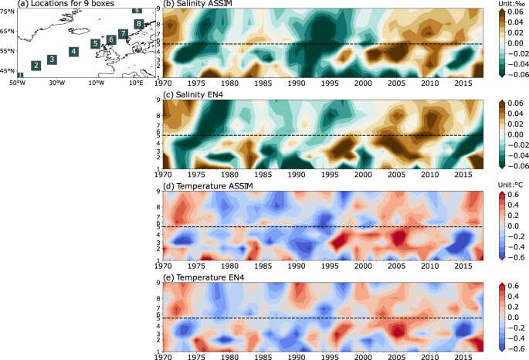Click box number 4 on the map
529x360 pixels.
click(73, 52)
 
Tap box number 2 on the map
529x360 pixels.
click(36, 66)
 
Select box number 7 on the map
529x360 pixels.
click(123, 34)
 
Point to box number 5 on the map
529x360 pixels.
click(94, 44)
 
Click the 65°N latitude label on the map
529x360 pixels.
click(8, 32)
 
